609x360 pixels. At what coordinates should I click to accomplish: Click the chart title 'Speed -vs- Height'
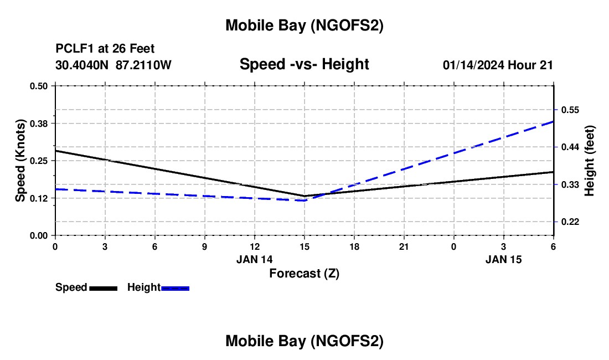(x=304, y=64)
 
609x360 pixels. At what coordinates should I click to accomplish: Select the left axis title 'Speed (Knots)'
(x=20, y=161)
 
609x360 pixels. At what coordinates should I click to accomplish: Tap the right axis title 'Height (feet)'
(x=589, y=161)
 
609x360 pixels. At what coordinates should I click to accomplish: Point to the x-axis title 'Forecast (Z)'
(x=304, y=273)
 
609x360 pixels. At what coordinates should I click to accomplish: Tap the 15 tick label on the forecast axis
(x=304, y=246)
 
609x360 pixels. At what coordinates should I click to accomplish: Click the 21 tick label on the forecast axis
(x=404, y=246)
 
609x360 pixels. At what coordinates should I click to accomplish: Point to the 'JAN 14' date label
(x=255, y=259)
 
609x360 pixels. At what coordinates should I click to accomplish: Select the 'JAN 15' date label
(x=504, y=259)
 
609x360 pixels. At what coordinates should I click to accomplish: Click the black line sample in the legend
(x=103, y=288)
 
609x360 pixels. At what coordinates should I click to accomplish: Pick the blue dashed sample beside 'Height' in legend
(x=175, y=288)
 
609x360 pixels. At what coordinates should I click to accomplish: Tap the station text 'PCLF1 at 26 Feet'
(x=105, y=49)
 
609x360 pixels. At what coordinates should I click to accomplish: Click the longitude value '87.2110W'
(x=143, y=65)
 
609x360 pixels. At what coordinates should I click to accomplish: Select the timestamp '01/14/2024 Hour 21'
(x=498, y=65)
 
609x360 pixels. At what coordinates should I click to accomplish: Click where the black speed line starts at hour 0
(x=55, y=151)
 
